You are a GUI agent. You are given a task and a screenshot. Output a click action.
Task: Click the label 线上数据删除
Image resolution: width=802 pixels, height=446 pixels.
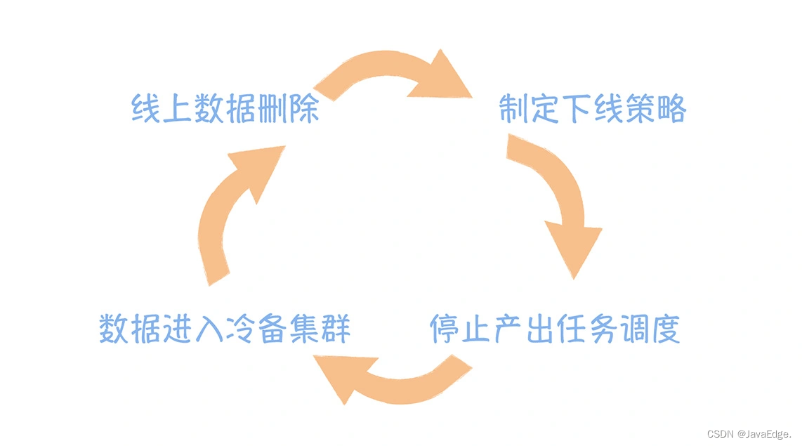225,110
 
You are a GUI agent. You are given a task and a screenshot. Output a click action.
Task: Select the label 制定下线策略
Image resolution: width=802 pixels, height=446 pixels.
593,110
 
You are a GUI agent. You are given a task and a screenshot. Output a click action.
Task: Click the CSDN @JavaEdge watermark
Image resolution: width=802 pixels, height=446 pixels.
751,434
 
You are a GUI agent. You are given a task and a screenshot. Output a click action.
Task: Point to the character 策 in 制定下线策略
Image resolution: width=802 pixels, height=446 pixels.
639,110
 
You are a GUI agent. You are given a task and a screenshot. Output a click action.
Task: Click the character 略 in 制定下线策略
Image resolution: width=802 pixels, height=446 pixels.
671,110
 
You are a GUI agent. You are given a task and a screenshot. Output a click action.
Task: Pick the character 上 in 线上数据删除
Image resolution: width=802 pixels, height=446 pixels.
178,110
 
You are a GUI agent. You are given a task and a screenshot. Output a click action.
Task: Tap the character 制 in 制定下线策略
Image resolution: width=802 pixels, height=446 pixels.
515,110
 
